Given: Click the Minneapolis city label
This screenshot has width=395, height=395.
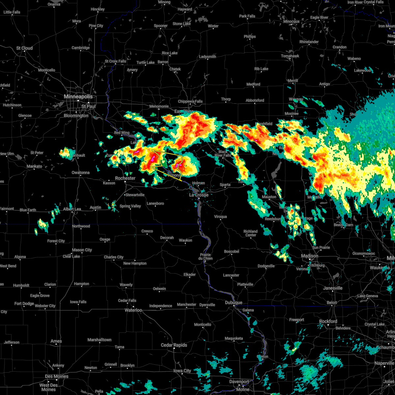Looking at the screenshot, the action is point(78,97).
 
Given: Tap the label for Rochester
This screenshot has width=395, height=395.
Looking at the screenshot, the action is point(125,178).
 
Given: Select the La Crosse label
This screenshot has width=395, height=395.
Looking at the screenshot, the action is point(199,195).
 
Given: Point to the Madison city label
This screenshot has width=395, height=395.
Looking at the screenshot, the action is point(309,256).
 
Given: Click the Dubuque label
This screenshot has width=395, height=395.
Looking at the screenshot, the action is point(234,303).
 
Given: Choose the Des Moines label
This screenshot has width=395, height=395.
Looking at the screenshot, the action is point(57,376).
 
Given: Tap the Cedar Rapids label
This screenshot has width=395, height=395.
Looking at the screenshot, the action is point(174,345).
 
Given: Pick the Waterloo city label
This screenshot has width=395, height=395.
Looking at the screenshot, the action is point(133,310).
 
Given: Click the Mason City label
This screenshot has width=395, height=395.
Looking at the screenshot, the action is point(82,250).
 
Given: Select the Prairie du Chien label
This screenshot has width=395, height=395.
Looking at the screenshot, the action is point(205,256).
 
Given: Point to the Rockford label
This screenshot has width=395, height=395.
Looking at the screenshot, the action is point(328,321).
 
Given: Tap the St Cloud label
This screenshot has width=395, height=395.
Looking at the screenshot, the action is point(25,48).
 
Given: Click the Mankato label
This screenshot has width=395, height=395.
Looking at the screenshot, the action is point(34,166).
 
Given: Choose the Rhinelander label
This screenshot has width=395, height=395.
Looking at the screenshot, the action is point(309,42).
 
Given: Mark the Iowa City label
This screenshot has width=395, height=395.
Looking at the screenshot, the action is point(182,371).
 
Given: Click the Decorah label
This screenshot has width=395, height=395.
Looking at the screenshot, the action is point(167,238).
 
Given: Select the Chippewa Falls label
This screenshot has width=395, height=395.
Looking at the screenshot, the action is point(190,101).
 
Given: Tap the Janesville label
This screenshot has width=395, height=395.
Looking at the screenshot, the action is point(333,288).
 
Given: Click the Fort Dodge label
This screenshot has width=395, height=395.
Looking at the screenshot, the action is point(24,303).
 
